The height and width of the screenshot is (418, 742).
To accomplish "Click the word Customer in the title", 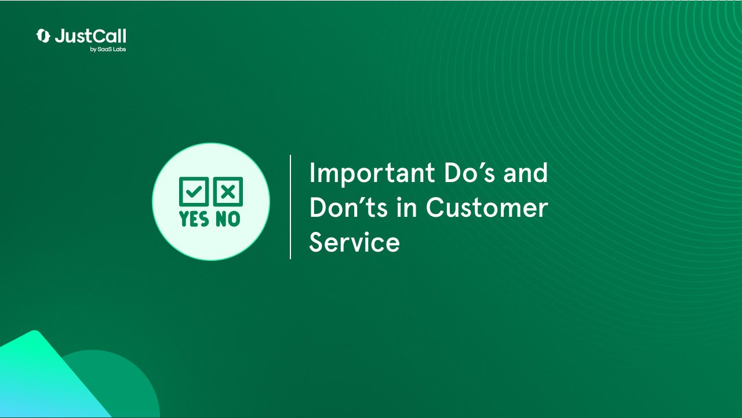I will pos(487,208).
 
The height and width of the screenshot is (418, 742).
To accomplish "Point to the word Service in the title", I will pos(354,242).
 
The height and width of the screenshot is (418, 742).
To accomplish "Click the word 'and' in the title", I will pos(525,173).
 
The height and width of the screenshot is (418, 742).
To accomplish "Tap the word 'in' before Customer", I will pos(406,208).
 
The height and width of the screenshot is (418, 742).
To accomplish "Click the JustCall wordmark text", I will pos(90,36).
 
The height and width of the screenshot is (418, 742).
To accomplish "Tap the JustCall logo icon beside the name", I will pos(43,36).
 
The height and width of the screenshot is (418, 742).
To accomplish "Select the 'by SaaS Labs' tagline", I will pos(108,49).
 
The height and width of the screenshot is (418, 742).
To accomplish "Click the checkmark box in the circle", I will pos(194,191).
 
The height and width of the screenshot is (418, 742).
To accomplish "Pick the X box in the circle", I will pos(228,191).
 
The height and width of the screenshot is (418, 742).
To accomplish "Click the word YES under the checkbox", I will pos(194,219).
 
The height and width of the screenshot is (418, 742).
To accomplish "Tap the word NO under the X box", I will pos(228,219).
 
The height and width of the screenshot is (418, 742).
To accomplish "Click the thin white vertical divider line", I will pos(290,206).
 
